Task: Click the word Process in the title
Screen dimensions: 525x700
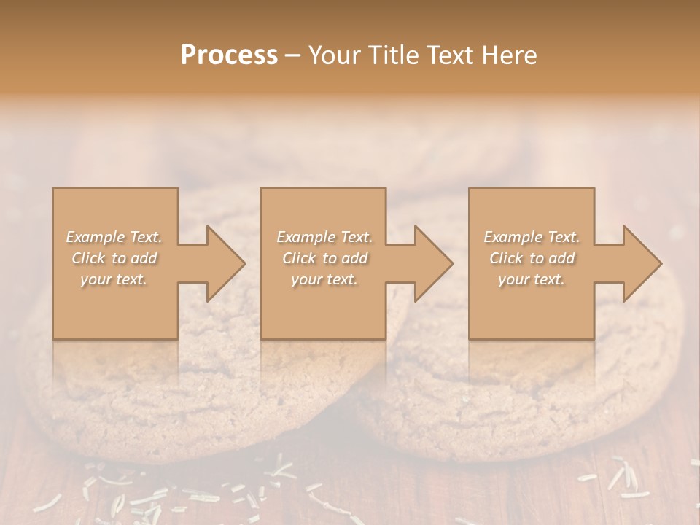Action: point(229,55)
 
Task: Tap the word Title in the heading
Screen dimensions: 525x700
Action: point(393,55)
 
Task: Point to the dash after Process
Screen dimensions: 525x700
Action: point(292,55)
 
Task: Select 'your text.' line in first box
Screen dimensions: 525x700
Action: point(114,279)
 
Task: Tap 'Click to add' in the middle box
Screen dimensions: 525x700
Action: point(324,258)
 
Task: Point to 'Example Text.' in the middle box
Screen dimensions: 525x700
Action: point(324,237)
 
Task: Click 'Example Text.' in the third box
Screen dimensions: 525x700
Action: point(532,237)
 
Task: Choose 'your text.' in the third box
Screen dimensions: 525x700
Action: point(532,279)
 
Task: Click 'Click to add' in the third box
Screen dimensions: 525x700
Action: point(532,258)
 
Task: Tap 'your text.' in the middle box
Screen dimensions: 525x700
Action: point(324,279)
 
